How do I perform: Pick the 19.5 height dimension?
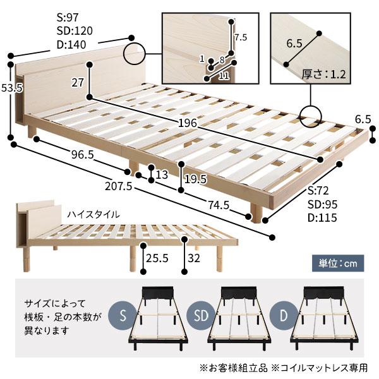[x=195, y=179]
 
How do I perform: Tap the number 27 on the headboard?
[x=78, y=82]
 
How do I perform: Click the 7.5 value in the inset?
[x=240, y=37]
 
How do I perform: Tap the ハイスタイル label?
[x=93, y=214]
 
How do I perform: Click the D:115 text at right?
[x=321, y=218]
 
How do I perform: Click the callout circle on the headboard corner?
[x=135, y=54]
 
